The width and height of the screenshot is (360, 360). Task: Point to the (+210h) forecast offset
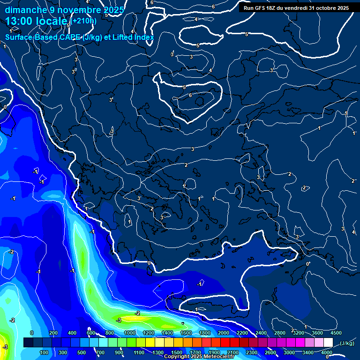point(84,21)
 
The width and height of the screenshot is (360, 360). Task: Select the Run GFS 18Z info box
point(296,8)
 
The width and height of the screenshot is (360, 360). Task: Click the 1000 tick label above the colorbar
point(130,333)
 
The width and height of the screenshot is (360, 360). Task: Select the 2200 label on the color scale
point(242,333)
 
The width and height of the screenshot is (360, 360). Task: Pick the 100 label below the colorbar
point(44,352)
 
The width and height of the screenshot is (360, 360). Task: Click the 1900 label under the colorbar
point(214,352)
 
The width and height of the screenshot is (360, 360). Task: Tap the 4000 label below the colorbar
point(327,352)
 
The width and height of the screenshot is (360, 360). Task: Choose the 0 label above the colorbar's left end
point(32,333)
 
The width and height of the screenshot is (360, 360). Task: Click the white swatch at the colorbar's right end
point(328,343)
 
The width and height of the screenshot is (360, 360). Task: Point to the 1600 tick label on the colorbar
point(186,333)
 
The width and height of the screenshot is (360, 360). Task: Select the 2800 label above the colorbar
point(280,333)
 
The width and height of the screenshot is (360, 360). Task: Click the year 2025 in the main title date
point(113,10)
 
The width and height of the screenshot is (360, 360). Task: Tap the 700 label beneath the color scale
point(100,352)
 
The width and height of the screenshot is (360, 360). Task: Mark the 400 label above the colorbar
point(72,333)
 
